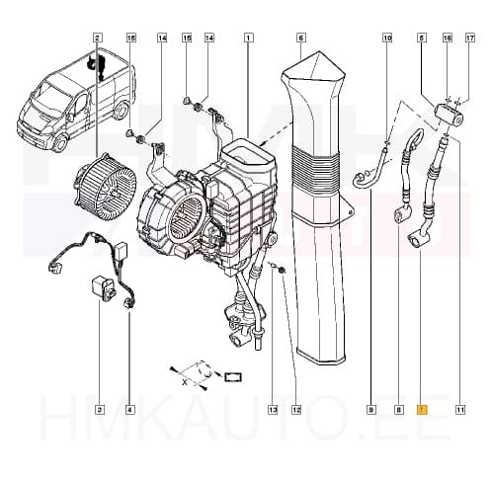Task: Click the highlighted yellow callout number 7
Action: click(422, 409)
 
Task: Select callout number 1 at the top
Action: click(247, 38)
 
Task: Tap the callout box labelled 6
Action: click(299, 38)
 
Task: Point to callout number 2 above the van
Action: click(97, 38)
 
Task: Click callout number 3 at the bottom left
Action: click(99, 409)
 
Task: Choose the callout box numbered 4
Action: click(129, 409)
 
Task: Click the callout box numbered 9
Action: click(372, 409)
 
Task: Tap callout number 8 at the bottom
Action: click(398, 409)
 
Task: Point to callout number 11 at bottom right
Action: click(460, 409)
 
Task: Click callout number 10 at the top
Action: click(387, 38)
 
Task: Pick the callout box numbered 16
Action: click(447, 38)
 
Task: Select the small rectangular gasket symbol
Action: click(233, 376)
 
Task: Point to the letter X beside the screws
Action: click(184, 378)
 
